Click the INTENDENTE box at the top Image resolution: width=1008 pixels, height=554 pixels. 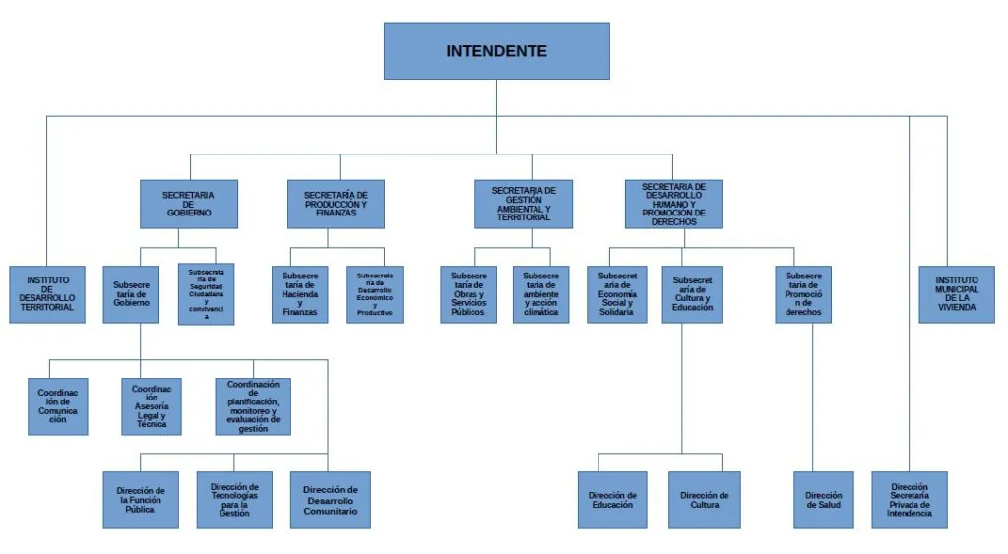pyautogui.click(x=496, y=51)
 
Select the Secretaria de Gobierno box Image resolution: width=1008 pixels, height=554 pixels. pyautogui.click(x=188, y=204)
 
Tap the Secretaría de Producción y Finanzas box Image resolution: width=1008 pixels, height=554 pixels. pyautogui.click(x=337, y=204)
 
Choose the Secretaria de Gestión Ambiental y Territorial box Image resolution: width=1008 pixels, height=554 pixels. pyautogui.click(x=523, y=204)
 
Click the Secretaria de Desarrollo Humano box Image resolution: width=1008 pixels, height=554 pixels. pyautogui.click(x=673, y=204)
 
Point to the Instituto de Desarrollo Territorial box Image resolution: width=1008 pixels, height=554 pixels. pyautogui.click(x=47, y=294)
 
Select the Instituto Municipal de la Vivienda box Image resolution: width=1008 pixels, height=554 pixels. pyautogui.click(x=957, y=294)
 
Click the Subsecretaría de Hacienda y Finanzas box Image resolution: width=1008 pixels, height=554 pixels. pyautogui.click(x=299, y=294)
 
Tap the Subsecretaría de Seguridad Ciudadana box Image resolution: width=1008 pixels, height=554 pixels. pyautogui.click(x=206, y=294)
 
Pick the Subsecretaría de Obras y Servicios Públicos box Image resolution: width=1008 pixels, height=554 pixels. pyautogui.click(x=468, y=294)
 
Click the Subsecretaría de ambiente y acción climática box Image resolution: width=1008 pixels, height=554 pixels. pyautogui.click(x=540, y=294)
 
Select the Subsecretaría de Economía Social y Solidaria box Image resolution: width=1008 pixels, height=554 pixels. pyautogui.click(x=617, y=294)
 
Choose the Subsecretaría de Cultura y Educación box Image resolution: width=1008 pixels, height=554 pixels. pyautogui.click(x=692, y=294)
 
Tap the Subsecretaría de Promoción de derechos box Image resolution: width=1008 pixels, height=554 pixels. pyautogui.click(x=803, y=294)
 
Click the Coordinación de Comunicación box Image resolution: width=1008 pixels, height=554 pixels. pyautogui.click(x=58, y=406)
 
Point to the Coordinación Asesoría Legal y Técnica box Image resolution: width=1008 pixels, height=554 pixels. pyautogui.click(x=152, y=406)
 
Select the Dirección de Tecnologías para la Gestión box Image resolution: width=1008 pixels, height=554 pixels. pyautogui.click(x=234, y=500)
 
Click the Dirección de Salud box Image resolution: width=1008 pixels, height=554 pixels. pyautogui.click(x=824, y=500)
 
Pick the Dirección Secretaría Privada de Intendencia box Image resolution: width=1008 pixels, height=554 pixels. pyautogui.click(x=910, y=500)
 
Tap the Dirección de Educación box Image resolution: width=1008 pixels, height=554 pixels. pyautogui.click(x=612, y=500)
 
